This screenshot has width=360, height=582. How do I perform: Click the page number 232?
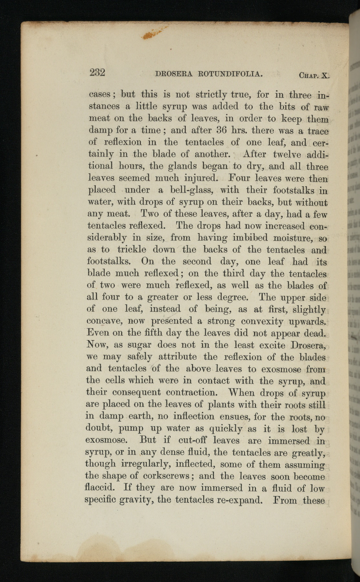(x=97, y=72)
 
